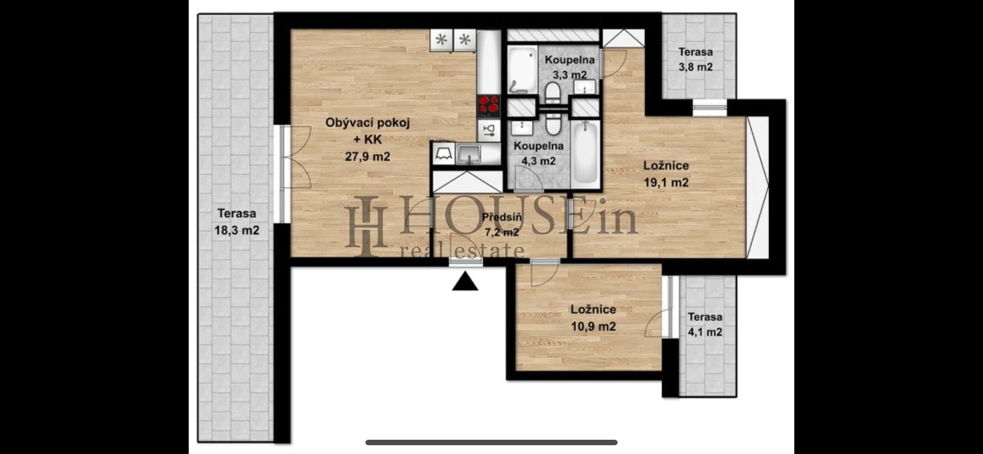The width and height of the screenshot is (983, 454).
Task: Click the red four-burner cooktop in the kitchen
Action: [489, 106]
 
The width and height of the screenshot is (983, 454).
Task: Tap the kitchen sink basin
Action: [469, 153]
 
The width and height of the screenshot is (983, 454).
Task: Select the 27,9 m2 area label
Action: [367, 156]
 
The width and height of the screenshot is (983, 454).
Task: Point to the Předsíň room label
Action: [501, 217]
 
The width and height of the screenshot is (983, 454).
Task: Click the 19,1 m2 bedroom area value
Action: [666, 183]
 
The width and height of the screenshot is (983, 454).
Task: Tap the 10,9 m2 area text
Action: [593, 327]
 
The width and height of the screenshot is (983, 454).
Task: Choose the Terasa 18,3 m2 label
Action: [236, 222]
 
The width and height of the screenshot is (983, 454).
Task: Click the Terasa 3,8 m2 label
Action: [696, 60]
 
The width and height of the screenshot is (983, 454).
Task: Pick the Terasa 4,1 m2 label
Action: [705, 325]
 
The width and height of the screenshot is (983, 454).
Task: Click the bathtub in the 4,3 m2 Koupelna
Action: [586, 154]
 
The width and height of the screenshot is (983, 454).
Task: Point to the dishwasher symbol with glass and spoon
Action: [489, 129]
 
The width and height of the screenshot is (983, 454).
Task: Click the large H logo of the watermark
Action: [367, 226]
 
